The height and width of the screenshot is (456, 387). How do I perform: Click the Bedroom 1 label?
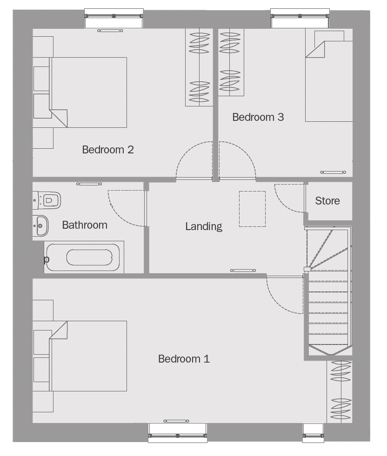click(184, 359)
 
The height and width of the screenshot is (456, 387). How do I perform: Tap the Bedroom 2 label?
click(108, 150)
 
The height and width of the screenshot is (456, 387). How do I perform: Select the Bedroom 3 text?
click(258, 117)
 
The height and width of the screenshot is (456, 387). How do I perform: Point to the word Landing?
click(204, 226)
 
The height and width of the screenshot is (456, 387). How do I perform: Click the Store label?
click(327, 201)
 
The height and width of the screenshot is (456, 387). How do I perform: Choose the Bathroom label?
click(85, 225)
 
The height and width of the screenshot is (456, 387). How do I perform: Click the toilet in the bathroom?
click(47, 200)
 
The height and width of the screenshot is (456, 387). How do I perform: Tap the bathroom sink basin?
click(41, 225)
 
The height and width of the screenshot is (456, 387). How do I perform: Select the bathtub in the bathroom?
click(84, 257)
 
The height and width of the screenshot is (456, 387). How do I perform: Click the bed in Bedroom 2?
click(88, 92)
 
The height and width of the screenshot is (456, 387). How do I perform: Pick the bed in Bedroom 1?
click(88, 356)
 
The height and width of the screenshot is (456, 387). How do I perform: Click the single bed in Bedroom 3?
click(329, 81)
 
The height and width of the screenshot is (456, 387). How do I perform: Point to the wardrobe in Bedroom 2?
click(200, 67)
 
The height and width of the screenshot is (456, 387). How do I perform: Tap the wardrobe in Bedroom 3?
click(231, 62)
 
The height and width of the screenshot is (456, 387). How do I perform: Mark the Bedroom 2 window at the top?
click(114, 18)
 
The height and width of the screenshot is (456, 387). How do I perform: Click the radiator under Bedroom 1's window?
click(176, 421)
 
